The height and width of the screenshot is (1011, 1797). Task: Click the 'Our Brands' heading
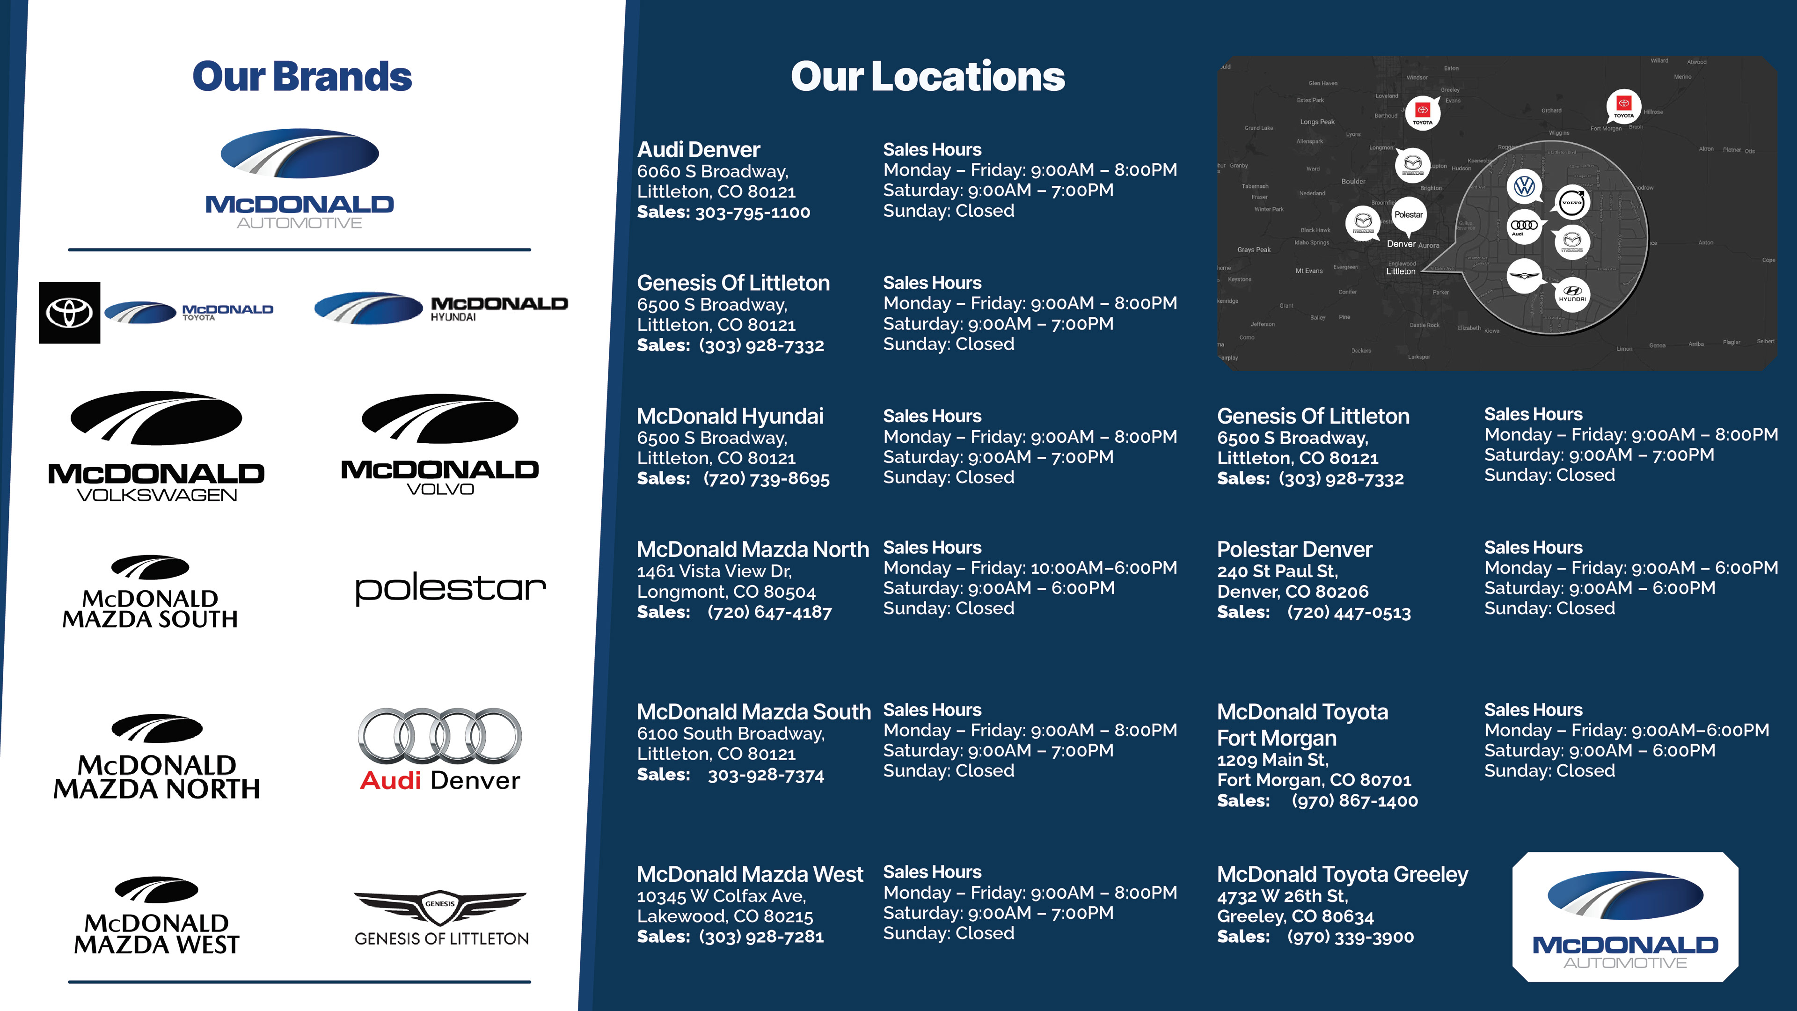point(301,77)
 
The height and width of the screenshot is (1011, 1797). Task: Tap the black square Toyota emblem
point(69,313)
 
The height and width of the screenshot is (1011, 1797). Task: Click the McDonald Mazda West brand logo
point(156,916)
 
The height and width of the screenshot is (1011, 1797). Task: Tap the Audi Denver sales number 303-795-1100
point(752,212)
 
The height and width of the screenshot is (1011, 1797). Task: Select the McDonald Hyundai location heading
point(730,417)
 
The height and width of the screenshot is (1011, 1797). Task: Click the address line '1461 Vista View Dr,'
point(714,571)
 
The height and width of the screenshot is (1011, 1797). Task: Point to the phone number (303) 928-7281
point(761,937)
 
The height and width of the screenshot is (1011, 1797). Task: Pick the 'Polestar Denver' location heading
point(1294,550)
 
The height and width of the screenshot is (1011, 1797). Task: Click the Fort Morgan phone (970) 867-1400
point(1354,801)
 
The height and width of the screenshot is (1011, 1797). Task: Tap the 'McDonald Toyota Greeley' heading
point(1342,874)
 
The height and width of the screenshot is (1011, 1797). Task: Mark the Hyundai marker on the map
point(1572,293)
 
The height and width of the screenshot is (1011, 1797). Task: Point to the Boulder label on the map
point(1352,182)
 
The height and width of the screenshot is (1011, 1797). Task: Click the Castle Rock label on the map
point(1424,325)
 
